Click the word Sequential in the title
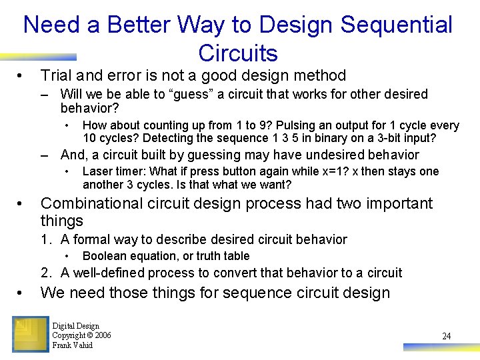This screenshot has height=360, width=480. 396,25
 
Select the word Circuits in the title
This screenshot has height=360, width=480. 238,53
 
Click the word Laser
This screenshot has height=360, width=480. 96,171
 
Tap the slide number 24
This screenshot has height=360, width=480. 446,336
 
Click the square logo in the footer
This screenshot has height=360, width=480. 30,334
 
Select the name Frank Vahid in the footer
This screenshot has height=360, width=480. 72,345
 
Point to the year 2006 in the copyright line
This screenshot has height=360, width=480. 101,335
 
